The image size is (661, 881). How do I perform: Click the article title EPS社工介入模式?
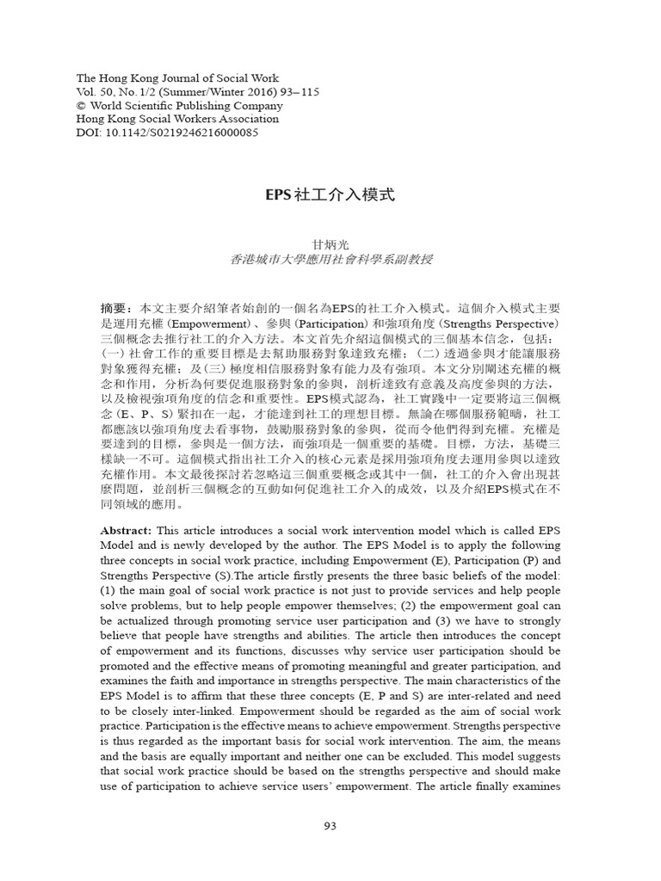pos(330,194)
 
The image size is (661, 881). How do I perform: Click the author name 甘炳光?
pos(330,245)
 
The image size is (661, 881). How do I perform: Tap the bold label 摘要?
pos(115,307)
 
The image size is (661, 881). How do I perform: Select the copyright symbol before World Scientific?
pos(82,105)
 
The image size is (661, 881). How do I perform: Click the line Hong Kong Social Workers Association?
pos(177,119)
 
